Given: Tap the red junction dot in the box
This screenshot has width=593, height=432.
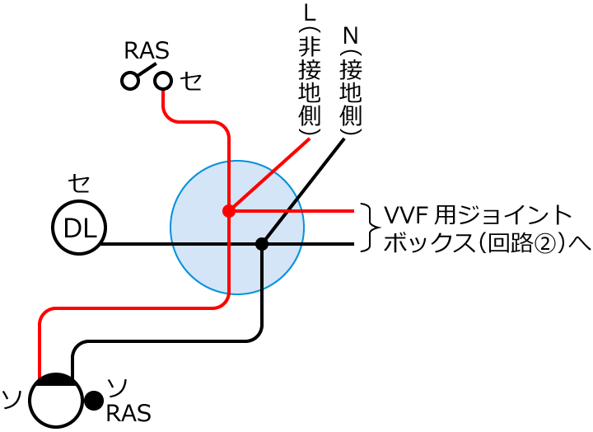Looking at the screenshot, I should click(229, 211).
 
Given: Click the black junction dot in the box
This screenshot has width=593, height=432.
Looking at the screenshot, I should click(262, 244).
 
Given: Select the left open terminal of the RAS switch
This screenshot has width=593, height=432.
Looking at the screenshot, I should click(128, 80).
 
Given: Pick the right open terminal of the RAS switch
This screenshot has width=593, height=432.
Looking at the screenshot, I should click(163, 80).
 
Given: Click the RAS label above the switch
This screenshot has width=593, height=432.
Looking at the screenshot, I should click(146, 51).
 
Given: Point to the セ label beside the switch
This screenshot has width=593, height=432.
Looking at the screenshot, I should click(191, 81).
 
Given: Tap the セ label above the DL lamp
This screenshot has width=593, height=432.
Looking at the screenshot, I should click(79, 183).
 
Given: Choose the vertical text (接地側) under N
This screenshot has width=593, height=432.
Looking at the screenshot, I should click(351, 92).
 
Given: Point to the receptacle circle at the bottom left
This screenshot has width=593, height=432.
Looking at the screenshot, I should click(56, 401).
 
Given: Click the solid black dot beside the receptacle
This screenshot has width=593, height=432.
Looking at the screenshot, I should click(94, 401).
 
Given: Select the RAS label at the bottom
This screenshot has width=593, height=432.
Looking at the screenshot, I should click(128, 412).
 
